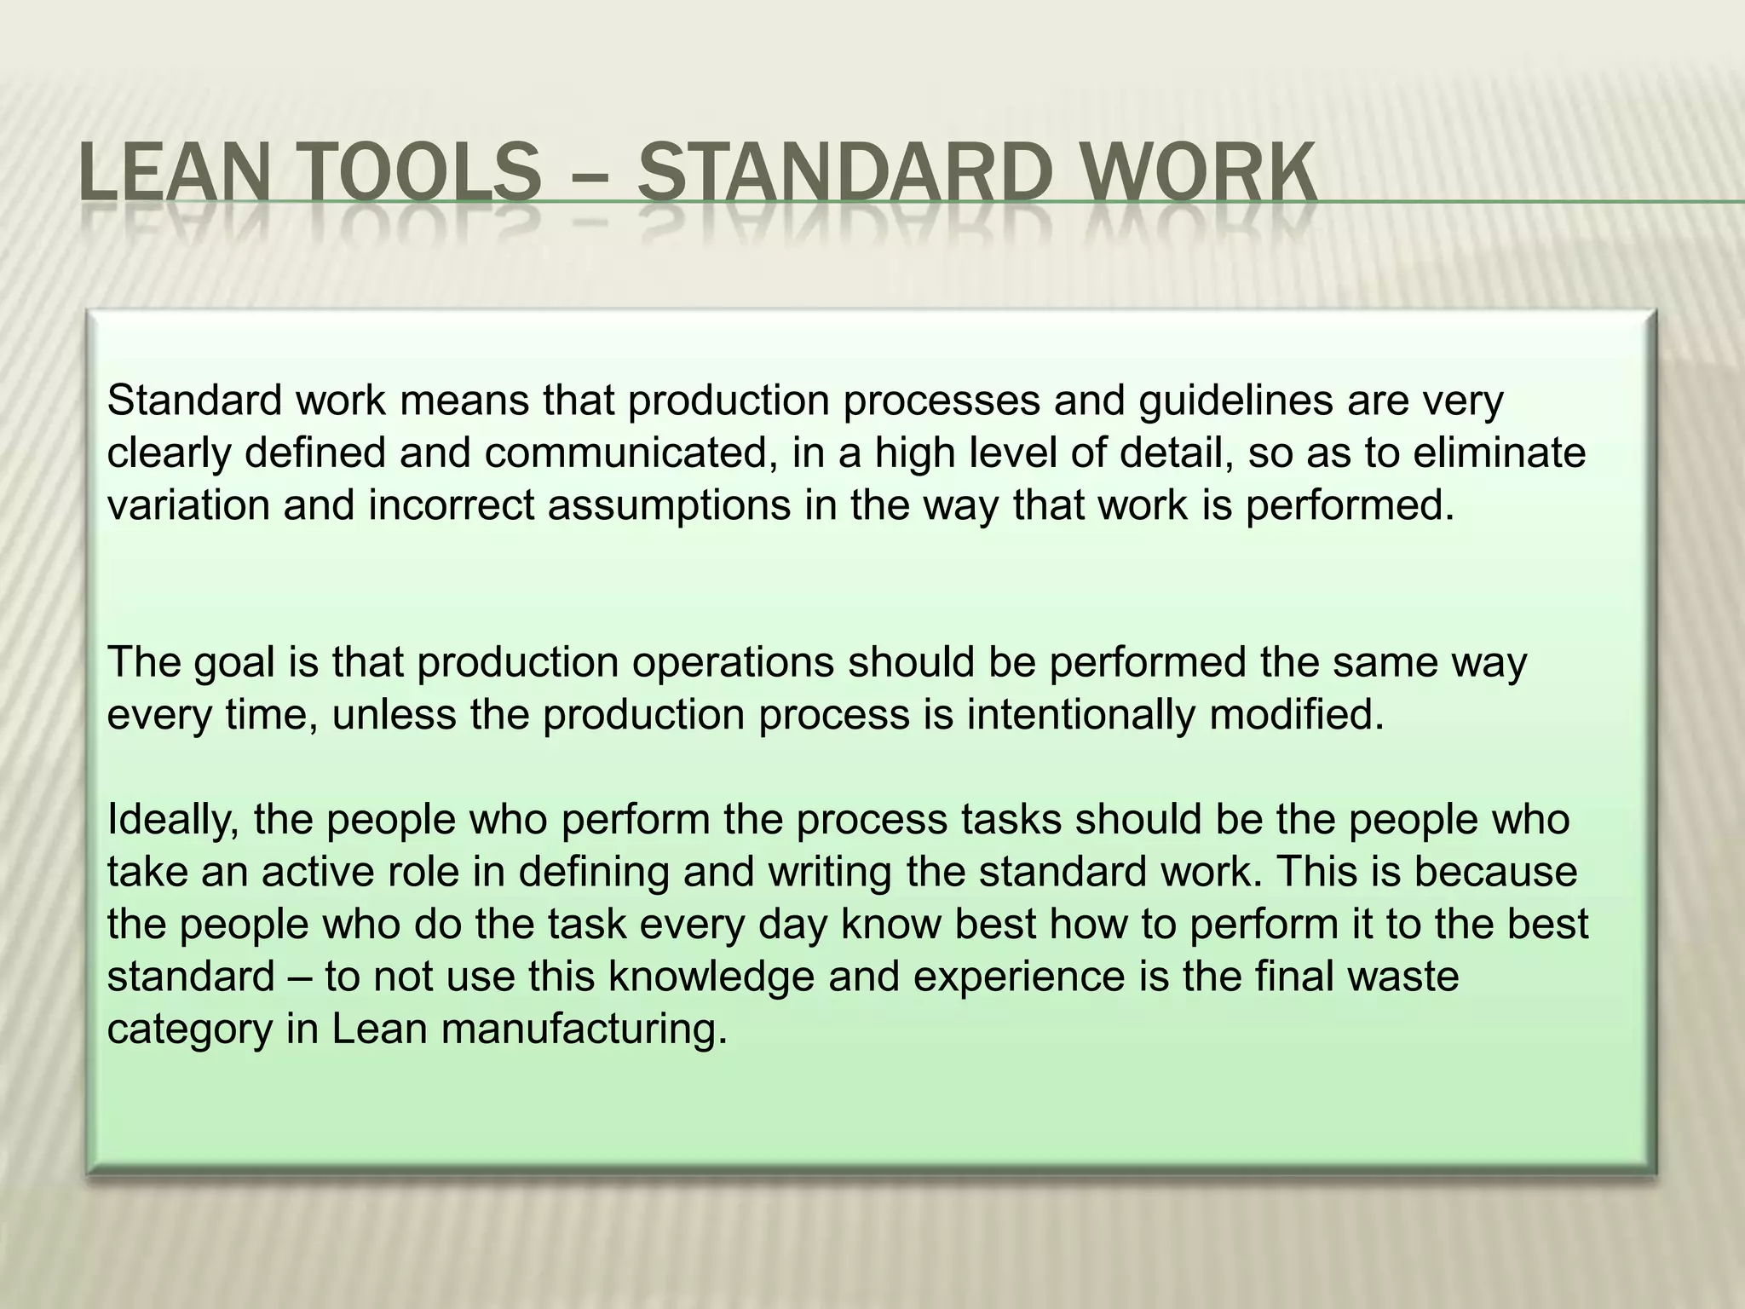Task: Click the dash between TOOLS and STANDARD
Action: point(589,179)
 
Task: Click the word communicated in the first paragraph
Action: point(631,453)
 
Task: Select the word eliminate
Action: point(1499,453)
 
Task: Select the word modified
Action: point(1297,715)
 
